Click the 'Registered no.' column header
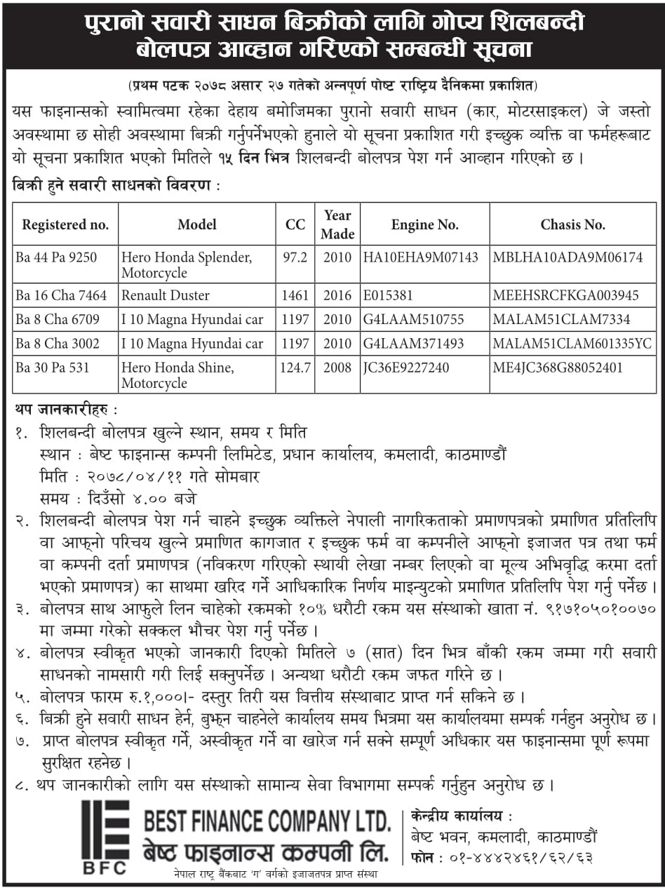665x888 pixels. tap(65, 224)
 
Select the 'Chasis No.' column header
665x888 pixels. tap(572, 224)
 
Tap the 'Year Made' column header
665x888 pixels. tap(337, 224)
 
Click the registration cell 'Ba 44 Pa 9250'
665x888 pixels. tap(56, 257)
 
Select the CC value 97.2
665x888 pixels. tap(295, 257)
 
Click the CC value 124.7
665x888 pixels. tap(295, 368)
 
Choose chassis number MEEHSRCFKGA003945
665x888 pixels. tap(565, 295)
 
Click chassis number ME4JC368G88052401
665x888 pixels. tap(558, 368)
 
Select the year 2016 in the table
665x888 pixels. tap(337, 295)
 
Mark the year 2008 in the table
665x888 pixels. tap(337, 368)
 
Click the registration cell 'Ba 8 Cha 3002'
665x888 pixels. tap(58, 344)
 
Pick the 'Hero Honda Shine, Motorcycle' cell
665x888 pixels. tap(177, 375)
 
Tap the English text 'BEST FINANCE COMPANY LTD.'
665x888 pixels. tap(267, 820)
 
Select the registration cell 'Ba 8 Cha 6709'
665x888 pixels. tap(58, 320)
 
